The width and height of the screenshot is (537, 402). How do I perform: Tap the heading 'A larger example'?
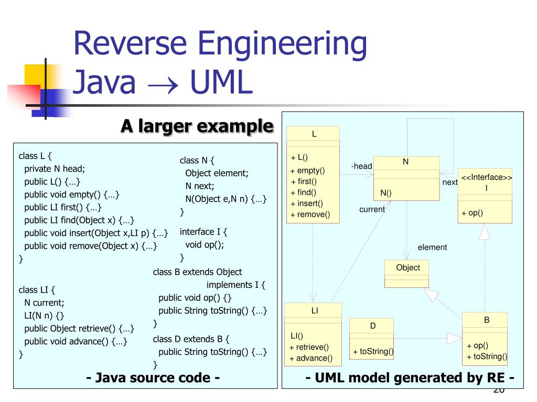pyautogui.click(x=197, y=126)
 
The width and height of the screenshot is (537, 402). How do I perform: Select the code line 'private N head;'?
pyautogui.click(x=55, y=169)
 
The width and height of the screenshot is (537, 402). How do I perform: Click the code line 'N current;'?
pyautogui.click(x=44, y=303)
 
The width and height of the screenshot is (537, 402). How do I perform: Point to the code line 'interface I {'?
pyautogui.click(x=204, y=231)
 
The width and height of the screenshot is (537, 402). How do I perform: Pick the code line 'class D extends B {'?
pyautogui.click(x=191, y=339)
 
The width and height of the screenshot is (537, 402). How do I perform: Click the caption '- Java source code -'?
pyautogui.click(x=152, y=377)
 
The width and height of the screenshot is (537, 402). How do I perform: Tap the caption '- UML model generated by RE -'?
pyautogui.click(x=410, y=377)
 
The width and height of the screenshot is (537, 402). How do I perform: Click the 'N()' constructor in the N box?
pyautogui.click(x=386, y=193)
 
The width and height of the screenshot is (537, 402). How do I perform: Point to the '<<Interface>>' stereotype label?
pyautogui.click(x=487, y=177)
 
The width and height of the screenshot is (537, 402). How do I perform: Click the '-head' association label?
pyautogui.click(x=361, y=166)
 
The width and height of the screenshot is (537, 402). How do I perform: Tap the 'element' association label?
pyautogui.click(x=432, y=248)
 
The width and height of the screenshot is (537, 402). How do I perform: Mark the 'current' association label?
pyautogui.click(x=372, y=209)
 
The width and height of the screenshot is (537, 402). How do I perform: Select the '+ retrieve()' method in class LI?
pyautogui.click(x=309, y=347)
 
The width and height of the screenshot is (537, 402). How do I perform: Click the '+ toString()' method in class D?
pyautogui.click(x=373, y=351)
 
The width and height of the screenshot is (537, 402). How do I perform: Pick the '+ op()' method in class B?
pyautogui.click(x=477, y=345)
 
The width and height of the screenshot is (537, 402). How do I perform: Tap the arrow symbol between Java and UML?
pyautogui.click(x=163, y=85)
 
